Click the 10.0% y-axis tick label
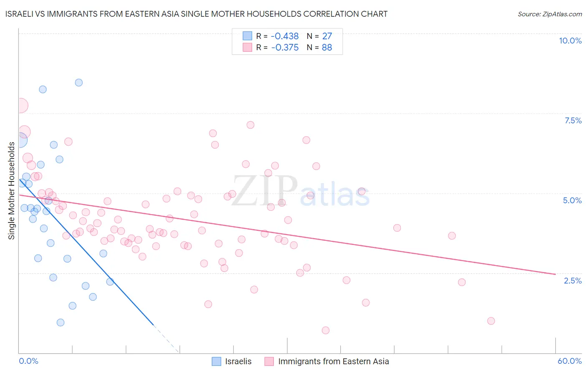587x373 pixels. click(x=570, y=41)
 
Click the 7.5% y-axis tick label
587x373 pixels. click(x=573, y=120)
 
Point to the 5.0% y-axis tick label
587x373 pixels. click(x=572, y=200)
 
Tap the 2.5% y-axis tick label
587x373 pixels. click(x=572, y=281)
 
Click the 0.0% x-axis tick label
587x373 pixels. click(x=28, y=361)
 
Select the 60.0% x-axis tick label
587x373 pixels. click(x=569, y=361)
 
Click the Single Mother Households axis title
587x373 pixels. click(x=12, y=191)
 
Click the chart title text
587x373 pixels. click(x=196, y=14)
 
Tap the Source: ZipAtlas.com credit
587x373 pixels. click(x=549, y=14)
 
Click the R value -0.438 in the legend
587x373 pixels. click(x=285, y=36)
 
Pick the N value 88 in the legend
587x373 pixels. click(x=327, y=48)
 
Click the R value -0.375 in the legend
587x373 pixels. click(x=285, y=48)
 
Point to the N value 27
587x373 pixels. click(x=327, y=36)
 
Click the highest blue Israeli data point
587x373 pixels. click(x=78, y=82)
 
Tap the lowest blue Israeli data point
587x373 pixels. click(x=61, y=322)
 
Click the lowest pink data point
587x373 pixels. click(x=326, y=330)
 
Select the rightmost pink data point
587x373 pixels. click(x=491, y=321)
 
